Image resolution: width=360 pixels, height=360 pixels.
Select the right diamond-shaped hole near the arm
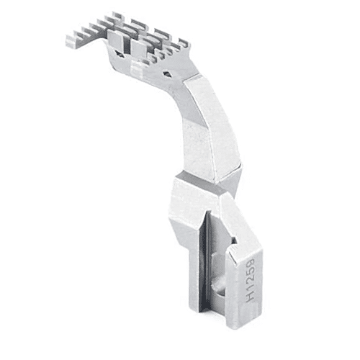coord(167,73)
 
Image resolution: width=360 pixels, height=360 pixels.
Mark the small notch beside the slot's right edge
coord(232,248)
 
